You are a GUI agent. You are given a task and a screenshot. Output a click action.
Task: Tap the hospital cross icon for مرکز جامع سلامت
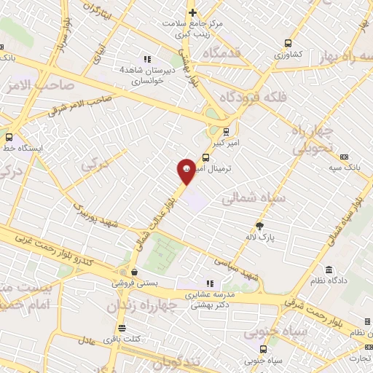tap(192, 12)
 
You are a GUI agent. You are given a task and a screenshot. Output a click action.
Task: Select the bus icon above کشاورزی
tap(288, 43)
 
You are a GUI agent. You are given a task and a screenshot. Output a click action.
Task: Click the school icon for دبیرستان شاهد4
tap(147, 59)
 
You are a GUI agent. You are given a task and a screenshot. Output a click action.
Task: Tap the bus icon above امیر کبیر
tap(226, 132)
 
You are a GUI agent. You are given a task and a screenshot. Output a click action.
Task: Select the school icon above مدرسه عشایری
tap(210, 283)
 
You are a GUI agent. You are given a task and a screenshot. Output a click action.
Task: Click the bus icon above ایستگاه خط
tap(9, 136)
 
